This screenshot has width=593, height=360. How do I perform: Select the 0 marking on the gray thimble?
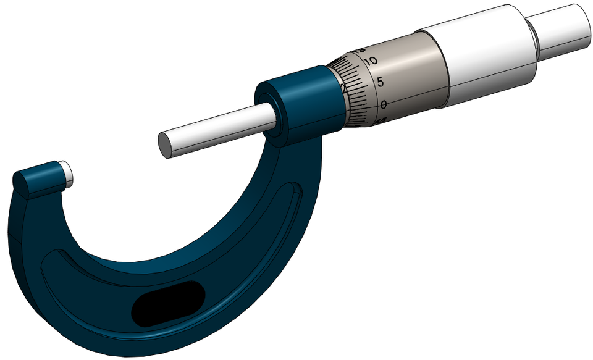tap(384, 104)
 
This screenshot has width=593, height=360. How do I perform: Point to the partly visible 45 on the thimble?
tap(382, 121)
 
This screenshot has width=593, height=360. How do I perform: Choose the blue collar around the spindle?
tap(303, 99)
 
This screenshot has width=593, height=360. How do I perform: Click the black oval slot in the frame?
tap(167, 303)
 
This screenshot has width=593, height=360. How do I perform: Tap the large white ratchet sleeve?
tap(488, 59)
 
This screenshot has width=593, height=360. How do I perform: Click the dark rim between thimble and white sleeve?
tap(442, 74)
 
